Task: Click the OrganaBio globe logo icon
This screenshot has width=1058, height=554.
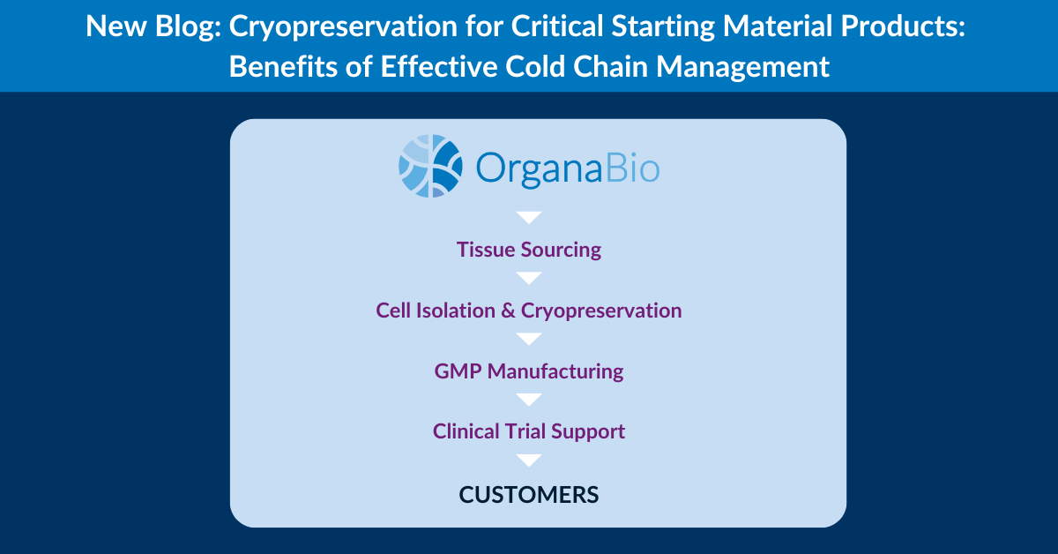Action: point(430,166)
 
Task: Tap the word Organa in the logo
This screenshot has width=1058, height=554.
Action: point(539,168)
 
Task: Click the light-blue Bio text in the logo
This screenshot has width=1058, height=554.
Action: point(632,167)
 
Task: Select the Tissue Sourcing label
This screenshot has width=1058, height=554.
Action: point(528,250)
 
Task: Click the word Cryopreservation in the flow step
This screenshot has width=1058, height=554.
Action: point(601,311)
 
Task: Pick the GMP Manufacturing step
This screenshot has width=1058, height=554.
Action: point(528,371)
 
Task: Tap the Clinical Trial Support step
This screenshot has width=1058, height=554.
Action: point(528,431)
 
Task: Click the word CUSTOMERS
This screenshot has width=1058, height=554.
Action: point(528,495)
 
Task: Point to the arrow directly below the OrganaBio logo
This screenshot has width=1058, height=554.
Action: point(528,217)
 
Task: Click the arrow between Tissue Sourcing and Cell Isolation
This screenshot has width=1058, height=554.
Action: point(528,278)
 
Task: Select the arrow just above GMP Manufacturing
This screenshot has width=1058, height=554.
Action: point(528,339)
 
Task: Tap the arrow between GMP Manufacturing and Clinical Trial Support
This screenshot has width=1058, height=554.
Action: point(528,400)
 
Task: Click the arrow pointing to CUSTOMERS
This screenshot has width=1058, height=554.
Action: point(528,460)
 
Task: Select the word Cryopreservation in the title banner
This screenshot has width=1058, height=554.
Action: point(343,27)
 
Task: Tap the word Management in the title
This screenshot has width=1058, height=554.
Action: point(742,68)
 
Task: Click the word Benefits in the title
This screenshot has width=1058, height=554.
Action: point(283,66)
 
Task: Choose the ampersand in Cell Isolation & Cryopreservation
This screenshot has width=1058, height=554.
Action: point(508,311)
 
